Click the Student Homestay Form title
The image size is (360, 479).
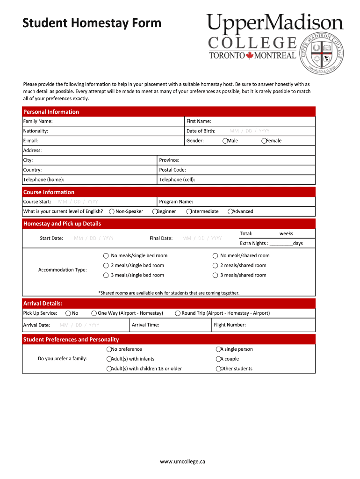tap(92, 23)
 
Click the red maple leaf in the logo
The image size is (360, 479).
tap(249, 56)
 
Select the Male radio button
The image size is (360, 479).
tap(225, 141)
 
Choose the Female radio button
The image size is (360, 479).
tap(264, 141)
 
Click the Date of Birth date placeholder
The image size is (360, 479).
tap(249, 131)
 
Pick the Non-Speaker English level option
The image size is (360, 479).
tap(112, 211)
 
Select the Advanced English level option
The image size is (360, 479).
tap(230, 211)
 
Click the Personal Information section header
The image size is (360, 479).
tap(51, 112)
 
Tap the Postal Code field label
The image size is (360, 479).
tap(173, 170)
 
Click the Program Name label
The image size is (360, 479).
tap(176, 202)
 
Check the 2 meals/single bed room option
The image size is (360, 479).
tap(106, 266)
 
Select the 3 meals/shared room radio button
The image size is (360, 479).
tap(216, 276)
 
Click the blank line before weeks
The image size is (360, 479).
tap(266, 234)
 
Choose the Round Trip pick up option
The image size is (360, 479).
tap(178, 313)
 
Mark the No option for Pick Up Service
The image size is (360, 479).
tap(68, 313)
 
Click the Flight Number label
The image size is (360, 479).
tap(230, 325)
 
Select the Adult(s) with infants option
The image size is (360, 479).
tap(109, 359)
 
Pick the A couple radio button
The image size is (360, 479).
tap(218, 359)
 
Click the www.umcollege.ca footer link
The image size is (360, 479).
tap(182, 462)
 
